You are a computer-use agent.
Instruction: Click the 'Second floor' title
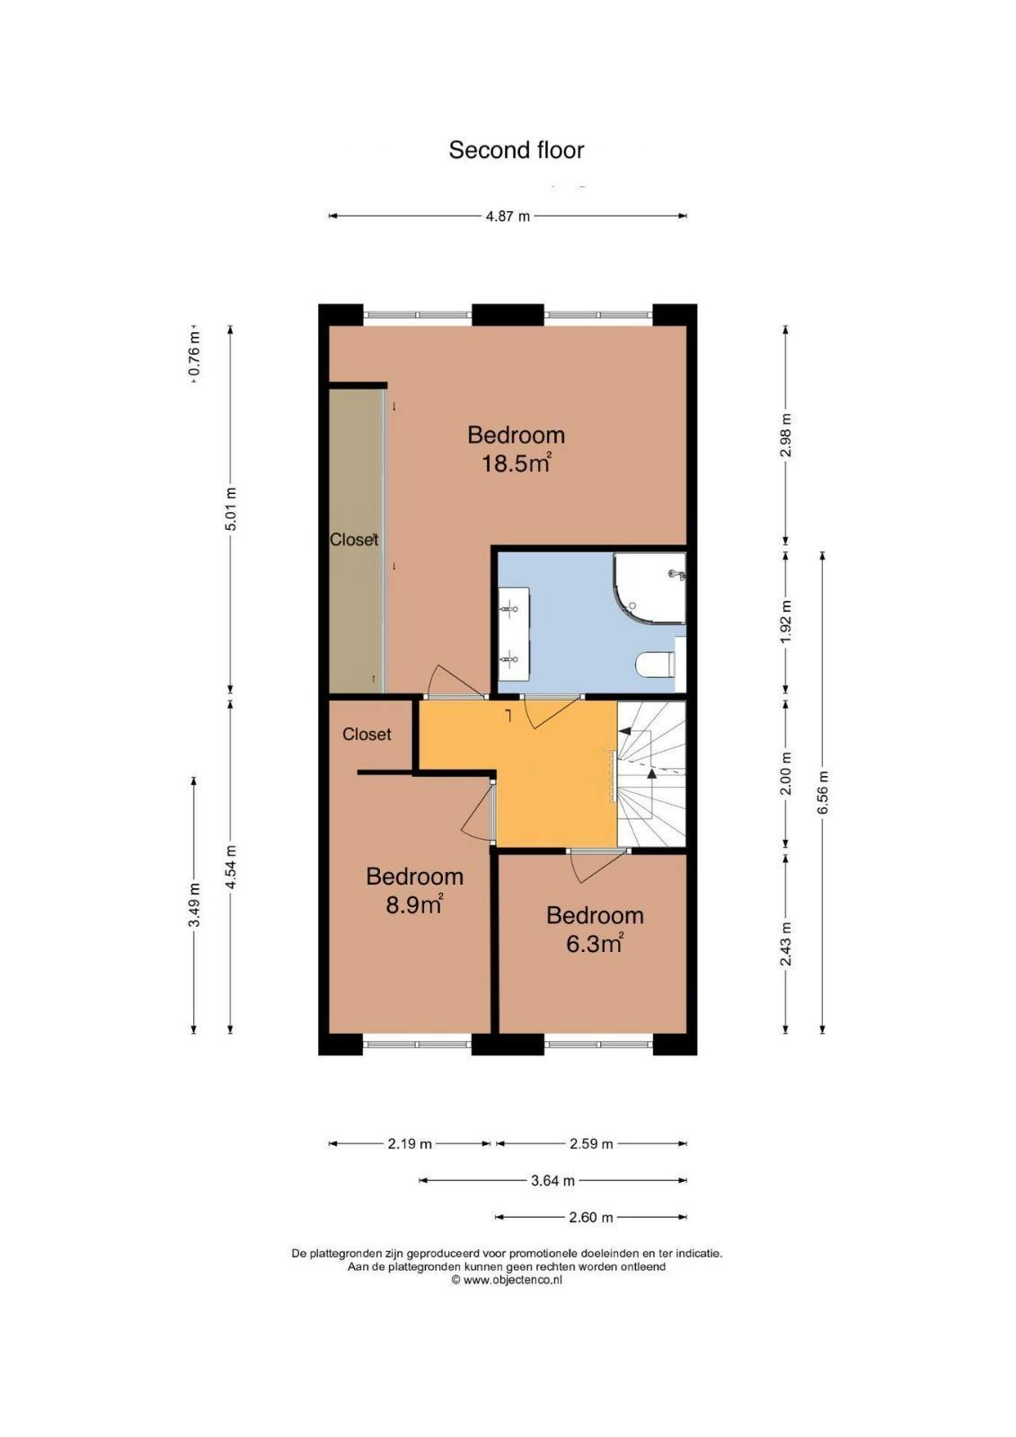click(516, 150)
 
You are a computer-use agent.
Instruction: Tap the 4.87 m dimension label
click(508, 216)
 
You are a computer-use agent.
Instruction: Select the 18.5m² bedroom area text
click(516, 463)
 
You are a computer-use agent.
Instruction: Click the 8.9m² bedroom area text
click(415, 904)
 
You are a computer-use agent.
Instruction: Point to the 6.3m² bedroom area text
click(595, 943)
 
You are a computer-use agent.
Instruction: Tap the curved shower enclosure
click(649, 587)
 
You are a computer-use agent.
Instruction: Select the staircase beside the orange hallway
click(651, 774)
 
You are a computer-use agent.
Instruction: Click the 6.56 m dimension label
click(823, 791)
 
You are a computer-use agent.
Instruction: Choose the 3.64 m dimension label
click(552, 1180)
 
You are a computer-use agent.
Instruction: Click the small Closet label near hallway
click(367, 734)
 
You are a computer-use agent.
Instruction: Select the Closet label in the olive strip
click(354, 540)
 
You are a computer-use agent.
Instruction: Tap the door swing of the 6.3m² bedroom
click(594, 866)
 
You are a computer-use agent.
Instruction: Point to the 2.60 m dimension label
click(590, 1217)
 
